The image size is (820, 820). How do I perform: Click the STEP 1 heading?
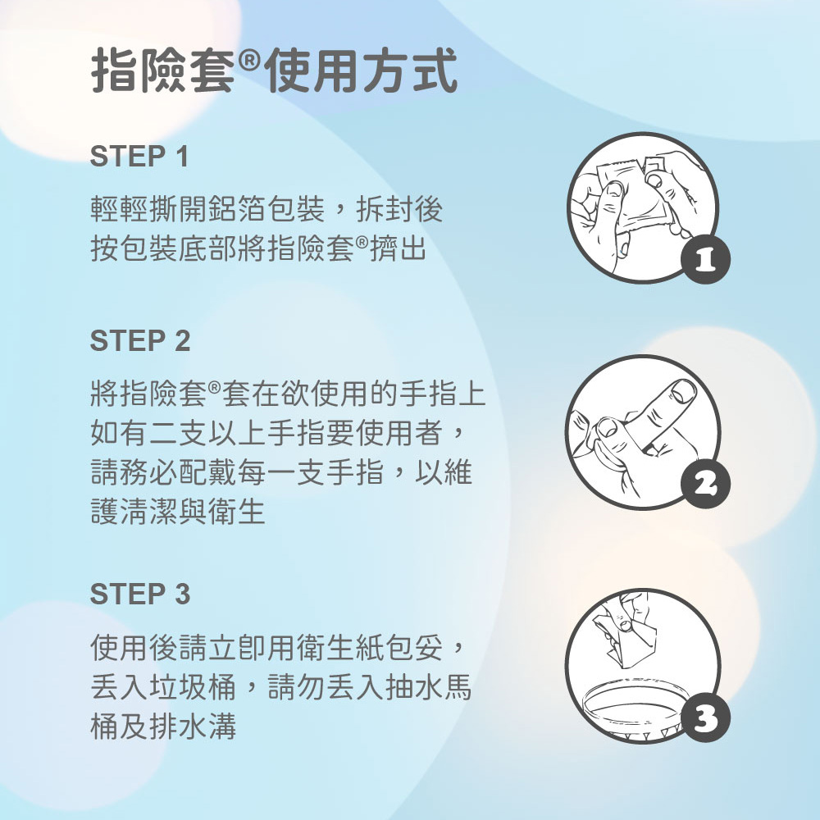click(139, 157)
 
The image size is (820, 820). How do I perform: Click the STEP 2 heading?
click(139, 341)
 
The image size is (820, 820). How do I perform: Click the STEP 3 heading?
click(139, 594)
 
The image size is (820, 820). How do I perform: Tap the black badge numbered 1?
click(705, 260)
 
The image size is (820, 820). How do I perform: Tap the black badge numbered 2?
click(705, 484)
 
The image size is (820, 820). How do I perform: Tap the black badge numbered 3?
click(705, 717)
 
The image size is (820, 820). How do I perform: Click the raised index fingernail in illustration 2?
click(683, 392)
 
